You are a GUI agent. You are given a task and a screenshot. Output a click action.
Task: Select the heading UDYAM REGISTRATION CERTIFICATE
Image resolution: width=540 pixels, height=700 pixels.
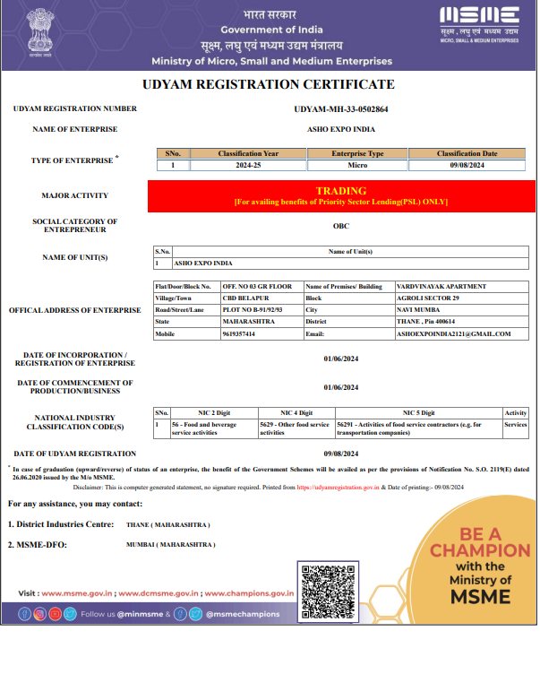269,84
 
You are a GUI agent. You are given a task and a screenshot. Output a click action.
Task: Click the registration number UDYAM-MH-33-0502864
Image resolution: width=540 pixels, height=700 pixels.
341,108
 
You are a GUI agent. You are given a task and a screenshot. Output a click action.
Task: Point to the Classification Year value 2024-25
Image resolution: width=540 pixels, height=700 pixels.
248,165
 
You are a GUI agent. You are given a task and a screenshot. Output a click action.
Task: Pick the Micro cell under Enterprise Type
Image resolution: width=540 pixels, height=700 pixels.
357,165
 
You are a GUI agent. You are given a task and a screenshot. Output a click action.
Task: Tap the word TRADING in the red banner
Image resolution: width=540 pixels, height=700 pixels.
341,191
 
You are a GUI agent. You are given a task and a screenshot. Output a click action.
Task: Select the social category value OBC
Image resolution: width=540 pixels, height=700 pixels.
341,226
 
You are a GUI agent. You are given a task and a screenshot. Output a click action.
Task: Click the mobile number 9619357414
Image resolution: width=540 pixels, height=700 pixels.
239,333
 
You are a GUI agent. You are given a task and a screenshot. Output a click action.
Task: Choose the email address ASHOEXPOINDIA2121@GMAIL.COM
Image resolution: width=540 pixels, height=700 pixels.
453,333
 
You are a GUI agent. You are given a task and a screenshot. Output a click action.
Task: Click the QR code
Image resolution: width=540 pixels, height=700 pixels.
329,590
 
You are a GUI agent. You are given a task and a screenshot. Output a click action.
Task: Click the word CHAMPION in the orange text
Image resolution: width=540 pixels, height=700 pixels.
479,549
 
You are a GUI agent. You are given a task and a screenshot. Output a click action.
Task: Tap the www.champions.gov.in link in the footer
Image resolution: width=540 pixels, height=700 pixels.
251,593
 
